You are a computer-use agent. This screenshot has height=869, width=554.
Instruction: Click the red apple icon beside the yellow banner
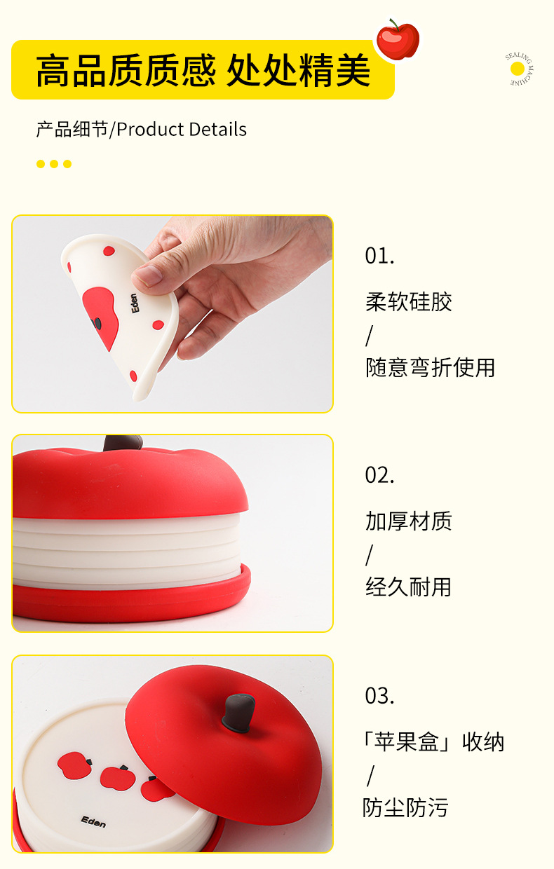pos(398,40)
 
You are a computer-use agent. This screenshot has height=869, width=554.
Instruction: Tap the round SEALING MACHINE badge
pos(519,69)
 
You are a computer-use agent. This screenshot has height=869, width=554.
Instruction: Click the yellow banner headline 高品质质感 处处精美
pos(203,70)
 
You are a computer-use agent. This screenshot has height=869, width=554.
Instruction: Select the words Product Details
pos(182,129)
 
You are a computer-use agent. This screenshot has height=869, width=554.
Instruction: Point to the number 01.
pos(379,256)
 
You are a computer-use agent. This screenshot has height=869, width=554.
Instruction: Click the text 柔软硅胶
pos(409,301)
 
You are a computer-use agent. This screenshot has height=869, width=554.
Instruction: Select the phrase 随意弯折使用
pos(430,367)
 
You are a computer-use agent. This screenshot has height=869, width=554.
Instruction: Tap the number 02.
pos(379,475)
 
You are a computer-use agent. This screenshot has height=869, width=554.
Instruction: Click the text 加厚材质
pos(409,521)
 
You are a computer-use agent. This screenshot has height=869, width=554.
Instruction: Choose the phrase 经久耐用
pos(408,587)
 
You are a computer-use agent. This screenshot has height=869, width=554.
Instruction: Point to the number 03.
pos(379,696)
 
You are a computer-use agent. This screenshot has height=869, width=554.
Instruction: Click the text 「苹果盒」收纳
pos(433,741)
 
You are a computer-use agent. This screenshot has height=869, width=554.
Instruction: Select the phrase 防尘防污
pos(405,808)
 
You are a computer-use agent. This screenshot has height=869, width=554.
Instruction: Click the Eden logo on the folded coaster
pos(135,303)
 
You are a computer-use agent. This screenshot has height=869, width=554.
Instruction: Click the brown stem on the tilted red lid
pos(238,713)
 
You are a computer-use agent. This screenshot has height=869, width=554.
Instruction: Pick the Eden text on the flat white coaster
pos(93,821)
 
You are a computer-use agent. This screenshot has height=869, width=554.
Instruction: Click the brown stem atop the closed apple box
pos(123,443)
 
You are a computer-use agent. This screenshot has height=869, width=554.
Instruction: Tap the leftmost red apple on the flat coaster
pos(75,765)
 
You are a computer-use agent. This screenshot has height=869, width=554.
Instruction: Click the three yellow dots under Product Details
pos(54,164)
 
